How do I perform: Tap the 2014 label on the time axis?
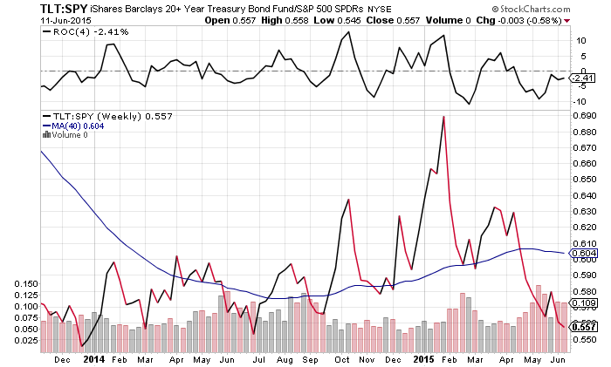[93, 358]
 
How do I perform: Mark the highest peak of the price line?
[443, 117]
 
